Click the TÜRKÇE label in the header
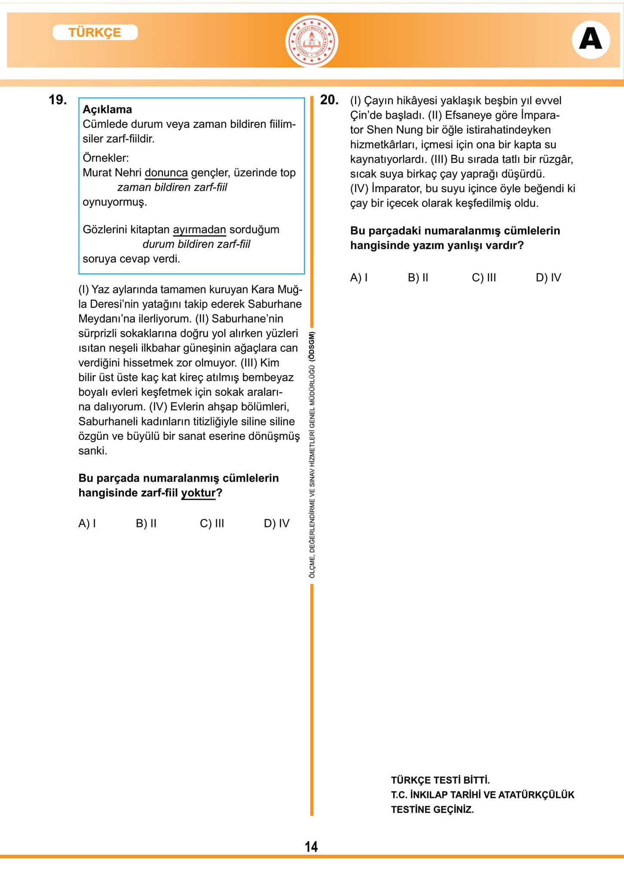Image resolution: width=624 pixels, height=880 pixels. (x=95, y=33)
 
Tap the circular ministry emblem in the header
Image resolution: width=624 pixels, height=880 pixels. (x=312, y=42)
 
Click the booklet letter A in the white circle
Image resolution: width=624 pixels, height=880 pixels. (x=590, y=40)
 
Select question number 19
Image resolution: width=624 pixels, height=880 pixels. (x=58, y=100)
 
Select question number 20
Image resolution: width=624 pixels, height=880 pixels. (x=329, y=100)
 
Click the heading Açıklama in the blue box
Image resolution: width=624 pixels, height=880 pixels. (x=107, y=110)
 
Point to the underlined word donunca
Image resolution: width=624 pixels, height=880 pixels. (x=166, y=173)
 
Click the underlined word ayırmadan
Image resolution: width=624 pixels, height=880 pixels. (x=199, y=229)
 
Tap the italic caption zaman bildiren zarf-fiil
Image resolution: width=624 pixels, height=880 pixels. (x=172, y=187)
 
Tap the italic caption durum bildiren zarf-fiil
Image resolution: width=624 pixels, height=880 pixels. (x=196, y=244)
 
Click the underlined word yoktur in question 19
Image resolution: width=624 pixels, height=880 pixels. (x=198, y=493)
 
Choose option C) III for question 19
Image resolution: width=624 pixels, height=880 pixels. (x=212, y=523)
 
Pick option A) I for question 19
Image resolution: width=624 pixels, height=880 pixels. (x=87, y=523)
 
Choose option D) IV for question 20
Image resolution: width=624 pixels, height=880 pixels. (x=548, y=278)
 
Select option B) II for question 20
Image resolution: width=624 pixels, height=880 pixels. (x=418, y=278)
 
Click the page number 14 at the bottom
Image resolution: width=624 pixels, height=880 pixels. (x=311, y=846)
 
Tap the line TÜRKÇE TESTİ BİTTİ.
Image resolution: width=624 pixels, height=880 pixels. (x=440, y=780)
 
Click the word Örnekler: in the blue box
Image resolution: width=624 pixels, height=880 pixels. (x=106, y=158)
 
